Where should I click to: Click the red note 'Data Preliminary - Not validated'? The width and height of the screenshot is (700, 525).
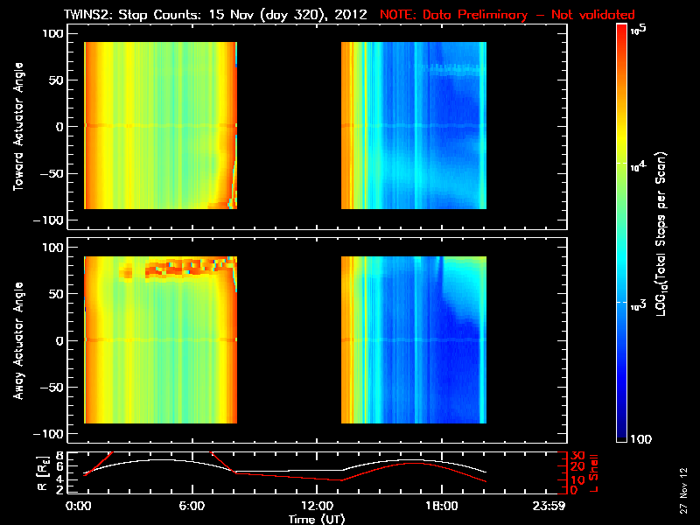[x=507, y=15]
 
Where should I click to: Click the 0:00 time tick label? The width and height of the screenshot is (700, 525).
[x=79, y=506]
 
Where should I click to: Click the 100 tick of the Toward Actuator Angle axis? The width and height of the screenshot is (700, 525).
[x=53, y=32]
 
